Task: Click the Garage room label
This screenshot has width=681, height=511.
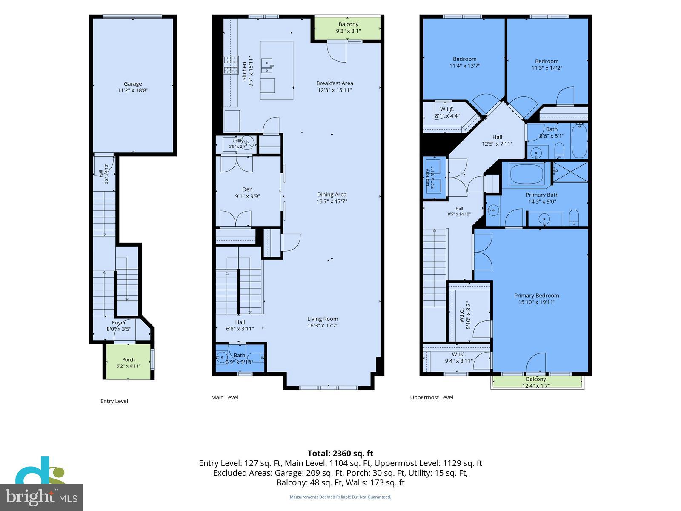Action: (x=133, y=84)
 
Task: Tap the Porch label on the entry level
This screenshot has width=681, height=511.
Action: (x=129, y=359)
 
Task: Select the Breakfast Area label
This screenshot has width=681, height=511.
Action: (x=335, y=83)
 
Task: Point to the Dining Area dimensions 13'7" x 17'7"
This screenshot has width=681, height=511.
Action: (x=332, y=201)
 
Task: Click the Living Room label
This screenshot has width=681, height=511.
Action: (x=323, y=319)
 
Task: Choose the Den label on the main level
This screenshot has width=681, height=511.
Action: (x=247, y=189)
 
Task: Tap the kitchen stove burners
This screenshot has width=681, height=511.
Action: (x=231, y=65)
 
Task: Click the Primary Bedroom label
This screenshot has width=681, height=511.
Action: (x=536, y=296)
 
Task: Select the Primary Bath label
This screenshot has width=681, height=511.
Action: (x=542, y=195)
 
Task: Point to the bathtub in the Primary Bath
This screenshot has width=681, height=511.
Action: (x=527, y=174)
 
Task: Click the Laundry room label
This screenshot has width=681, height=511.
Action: (x=427, y=178)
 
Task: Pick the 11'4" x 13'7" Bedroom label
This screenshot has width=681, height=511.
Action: (x=464, y=62)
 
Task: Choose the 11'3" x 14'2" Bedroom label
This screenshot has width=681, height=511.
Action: (x=547, y=65)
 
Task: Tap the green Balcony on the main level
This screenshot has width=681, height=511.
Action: (x=347, y=28)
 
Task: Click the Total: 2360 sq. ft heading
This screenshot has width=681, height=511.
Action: (x=340, y=453)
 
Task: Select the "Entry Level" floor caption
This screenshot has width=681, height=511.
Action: (x=114, y=401)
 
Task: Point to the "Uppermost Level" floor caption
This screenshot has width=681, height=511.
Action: (x=432, y=397)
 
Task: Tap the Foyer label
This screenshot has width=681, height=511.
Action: (x=119, y=323)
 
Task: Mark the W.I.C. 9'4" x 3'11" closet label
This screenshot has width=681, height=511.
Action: (x=459, y=357)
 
